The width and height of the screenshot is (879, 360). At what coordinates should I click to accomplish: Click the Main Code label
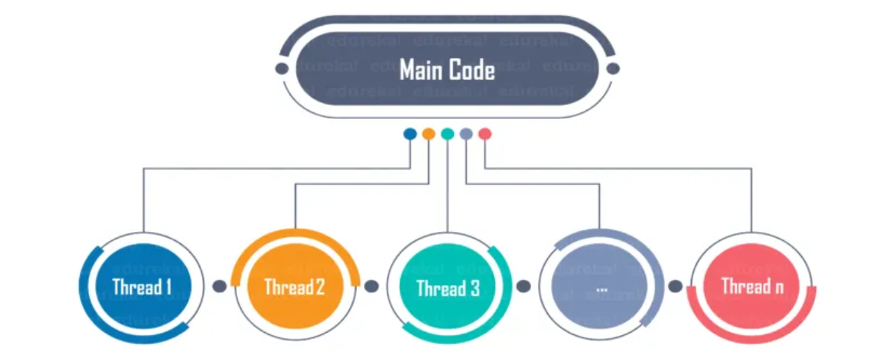(446, 71)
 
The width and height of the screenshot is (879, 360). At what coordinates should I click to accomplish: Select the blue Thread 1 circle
(142, 287)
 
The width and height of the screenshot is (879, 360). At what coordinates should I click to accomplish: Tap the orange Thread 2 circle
(294, 287)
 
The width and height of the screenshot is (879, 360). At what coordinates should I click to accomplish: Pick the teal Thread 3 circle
(446, 287)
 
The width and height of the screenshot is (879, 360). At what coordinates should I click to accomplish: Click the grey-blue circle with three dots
(601, 287)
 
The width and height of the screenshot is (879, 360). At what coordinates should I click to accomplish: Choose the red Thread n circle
(751, 287)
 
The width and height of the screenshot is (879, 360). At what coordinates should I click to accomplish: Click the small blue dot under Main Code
(410, 134)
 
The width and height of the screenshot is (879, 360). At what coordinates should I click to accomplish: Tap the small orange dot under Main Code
(429, 134)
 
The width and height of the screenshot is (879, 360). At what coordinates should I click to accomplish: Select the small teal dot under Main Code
(447, 134)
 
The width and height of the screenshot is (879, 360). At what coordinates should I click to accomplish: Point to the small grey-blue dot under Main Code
(466, 134)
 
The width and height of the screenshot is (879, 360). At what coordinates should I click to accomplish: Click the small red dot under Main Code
(485, 134)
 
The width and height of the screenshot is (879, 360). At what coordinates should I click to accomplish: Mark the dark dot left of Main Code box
(281, 68)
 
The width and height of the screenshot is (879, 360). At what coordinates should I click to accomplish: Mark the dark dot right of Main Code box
(613, 68)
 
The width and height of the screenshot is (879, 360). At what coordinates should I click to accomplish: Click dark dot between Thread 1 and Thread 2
(219, 287)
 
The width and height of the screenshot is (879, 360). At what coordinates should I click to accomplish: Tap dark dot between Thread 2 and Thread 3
(371, 287)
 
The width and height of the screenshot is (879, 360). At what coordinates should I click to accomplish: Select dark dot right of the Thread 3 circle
(523, 287)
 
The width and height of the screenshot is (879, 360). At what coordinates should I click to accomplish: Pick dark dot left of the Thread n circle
(675, 287)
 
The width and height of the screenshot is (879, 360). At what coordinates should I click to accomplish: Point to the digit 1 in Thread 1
(167, 287)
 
